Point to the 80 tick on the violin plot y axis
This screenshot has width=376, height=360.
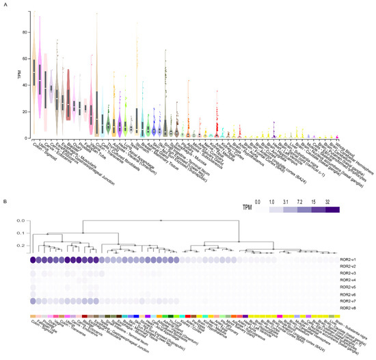click(23, 32)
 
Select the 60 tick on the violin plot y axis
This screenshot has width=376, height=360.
click(23, 59)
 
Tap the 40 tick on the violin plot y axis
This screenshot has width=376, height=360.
click(23, 85)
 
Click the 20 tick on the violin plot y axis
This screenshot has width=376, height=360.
click(23, 112)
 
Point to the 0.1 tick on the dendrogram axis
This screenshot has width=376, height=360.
click(20, 233)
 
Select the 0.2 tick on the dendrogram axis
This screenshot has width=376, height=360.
click(20, 246)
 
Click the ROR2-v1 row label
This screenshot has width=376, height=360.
click(349, 260)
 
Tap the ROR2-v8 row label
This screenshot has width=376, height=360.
click(349, 308)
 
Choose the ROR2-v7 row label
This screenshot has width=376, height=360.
click(349, 301)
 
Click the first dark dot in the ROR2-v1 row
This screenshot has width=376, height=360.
click(33, 260)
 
